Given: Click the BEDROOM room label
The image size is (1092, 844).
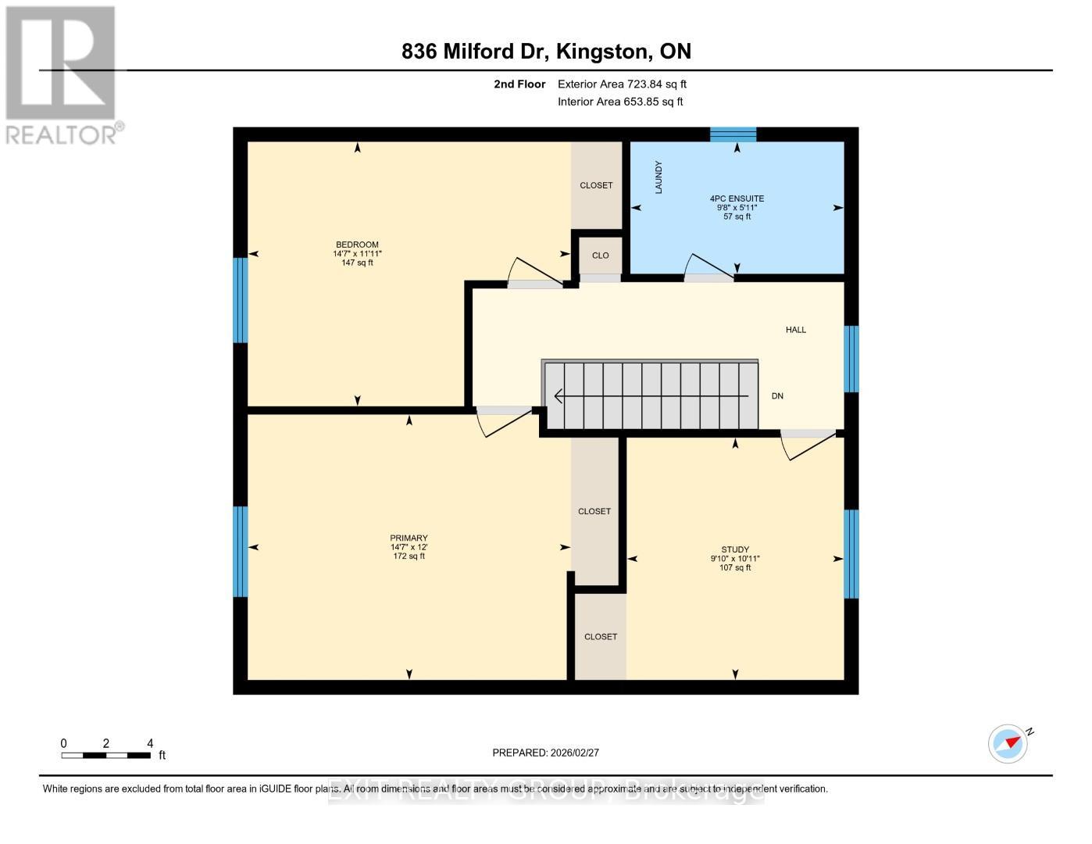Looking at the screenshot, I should pyautogui.click(x=357, y=245).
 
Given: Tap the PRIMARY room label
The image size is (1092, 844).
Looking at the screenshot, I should pyautogui.click(x=409, y=538).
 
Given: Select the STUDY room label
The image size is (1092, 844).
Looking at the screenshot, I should pyautogui.click(x=735, y=549).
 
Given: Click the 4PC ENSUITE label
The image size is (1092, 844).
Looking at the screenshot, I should pyautogui.click(x=737, y=198).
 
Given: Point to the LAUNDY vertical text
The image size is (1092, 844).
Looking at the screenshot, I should pyautogui.click(x=658, y=177).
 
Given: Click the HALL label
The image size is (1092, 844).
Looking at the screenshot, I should pyautogui.click(x=795, y=330).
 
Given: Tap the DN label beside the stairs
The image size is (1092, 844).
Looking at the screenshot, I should pyautogui.click(x=777, y=396).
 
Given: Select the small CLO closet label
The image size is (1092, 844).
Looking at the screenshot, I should pyautogui.click(x=600, y=256).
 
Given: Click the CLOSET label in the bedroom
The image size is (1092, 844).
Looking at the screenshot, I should pyautogui.click(x=596, y=185).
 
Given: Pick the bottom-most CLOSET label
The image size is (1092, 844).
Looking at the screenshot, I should pyautogui.click(x=601, y=637).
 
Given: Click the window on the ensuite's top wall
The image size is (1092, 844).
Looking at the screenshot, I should pyautogui.click(x=733, y=134).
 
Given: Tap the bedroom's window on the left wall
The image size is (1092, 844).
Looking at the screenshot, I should pyautogui.click(x=241, y=300).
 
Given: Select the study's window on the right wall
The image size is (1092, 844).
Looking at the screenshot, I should pyautogui.click(x=851, y=553).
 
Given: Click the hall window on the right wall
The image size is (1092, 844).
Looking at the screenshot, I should pyautogui.click(x=851, y=359).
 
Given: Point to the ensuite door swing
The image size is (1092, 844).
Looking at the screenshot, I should pyautogui.click(x=708, y=266).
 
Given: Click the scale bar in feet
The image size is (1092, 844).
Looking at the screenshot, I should pyautogui.click(x=106, y=755).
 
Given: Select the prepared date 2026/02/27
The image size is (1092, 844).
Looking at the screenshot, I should pyautogui.click(x=545, y=753).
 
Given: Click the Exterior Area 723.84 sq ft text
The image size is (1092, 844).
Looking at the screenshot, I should pyautogui.click(x=622, y=84).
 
